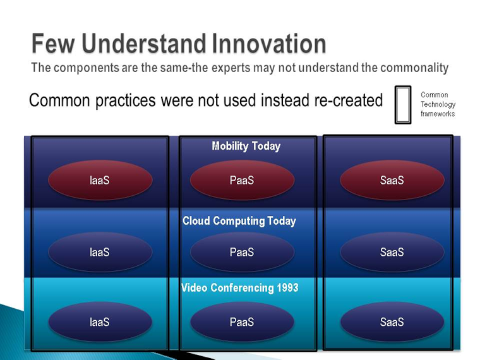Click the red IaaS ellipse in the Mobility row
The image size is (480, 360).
tap(100, 180)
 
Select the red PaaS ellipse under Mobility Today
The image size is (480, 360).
tap(242, 180)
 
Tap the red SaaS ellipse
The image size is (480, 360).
tap(392, 180)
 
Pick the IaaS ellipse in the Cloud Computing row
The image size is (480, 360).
tap(100, 252)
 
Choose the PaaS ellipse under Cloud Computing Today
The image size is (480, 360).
tap(242, 252)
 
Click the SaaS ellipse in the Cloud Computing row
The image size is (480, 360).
tap(392, 252)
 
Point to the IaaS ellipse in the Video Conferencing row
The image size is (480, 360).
tap(100, 321)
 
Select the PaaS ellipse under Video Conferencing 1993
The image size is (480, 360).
tap(242, 321)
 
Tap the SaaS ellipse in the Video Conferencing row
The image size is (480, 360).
tap(392, 321)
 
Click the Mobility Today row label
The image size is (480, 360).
tap(246, 147)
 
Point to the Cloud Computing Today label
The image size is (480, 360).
tap(239, 221)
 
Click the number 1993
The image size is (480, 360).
tap(287, 287)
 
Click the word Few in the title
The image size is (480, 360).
tap(53, 44)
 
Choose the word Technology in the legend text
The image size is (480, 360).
tap(438, 105)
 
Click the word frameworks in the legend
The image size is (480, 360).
tap(438, 114)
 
